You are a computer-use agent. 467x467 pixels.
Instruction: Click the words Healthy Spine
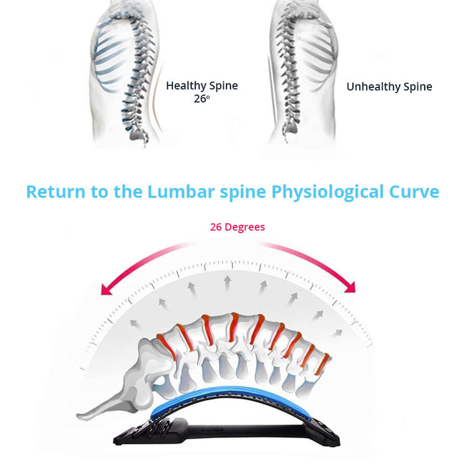click(x=202, y=86)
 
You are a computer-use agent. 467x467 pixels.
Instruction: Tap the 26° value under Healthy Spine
click(x=202, y=99)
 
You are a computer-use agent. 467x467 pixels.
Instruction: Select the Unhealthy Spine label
click(x=389, y=87)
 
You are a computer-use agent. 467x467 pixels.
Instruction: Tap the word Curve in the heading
click(x=414, y=192)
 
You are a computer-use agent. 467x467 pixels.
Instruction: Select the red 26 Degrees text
click(x=237, y=227)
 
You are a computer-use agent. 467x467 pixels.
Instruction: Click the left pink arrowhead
click(x=106, y=290)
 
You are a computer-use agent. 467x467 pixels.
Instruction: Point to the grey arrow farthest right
click(x=337, y=333)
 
